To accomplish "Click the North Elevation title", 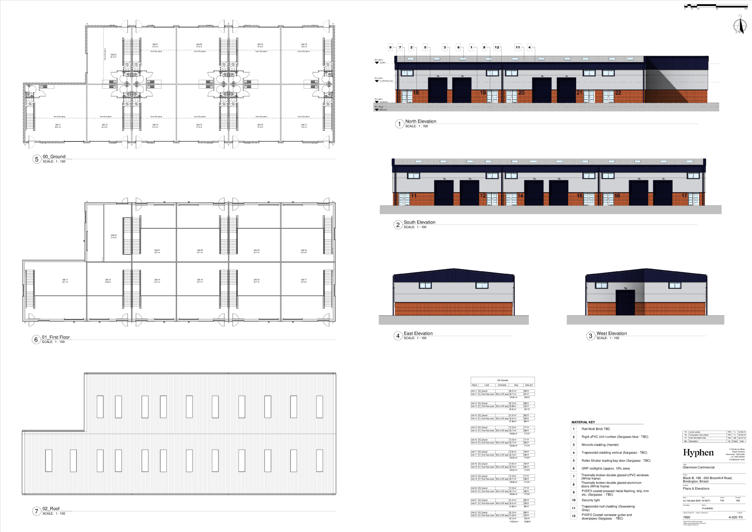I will coord(420,121).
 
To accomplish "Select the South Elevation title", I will coord(419,222).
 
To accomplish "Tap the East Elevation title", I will coord(418,334).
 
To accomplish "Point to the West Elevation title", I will coord(611,334).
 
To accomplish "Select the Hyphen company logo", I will coord(698,453).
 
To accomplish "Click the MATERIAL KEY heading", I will coord(583,422).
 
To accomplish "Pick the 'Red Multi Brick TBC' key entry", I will coord(596,429).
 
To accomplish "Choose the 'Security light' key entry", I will coord(590,500).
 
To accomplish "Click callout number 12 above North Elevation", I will coord(497,47).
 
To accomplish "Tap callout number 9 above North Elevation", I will coord(390,47).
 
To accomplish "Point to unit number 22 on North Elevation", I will coord(618,93).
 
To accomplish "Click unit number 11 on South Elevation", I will coord(414,196).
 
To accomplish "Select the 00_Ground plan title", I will coord(54,157).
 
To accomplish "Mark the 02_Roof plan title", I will coord(51,509).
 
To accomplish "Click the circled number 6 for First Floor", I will coord(36,340).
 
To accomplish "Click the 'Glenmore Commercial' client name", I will coord(698,468).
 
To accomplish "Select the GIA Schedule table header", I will coord(502,380).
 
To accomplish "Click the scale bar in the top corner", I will coord(716,6).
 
